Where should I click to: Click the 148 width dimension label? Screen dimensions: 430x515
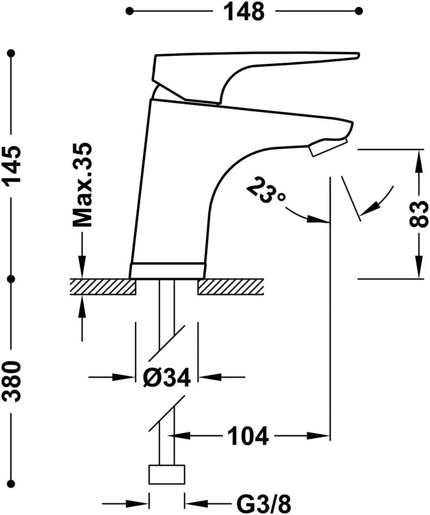tap(244, 12)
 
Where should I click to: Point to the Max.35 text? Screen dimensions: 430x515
tap(82, 185)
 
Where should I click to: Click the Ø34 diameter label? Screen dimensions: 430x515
tap(167, 377)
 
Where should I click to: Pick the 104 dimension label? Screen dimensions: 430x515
tap(248, 436)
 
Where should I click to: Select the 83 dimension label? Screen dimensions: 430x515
tap(419, 214)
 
